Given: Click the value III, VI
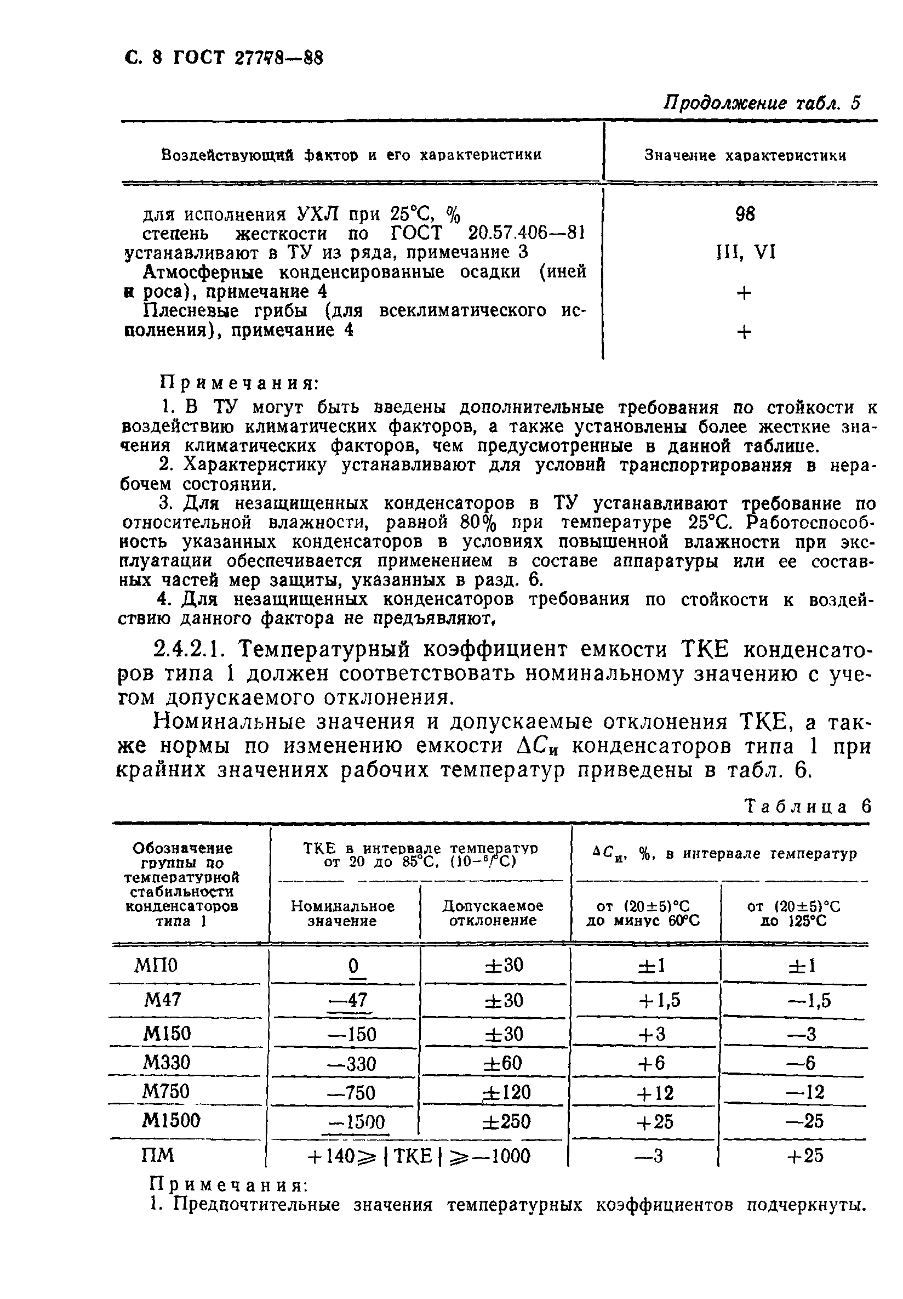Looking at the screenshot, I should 745,252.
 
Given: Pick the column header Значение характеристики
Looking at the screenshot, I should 745,156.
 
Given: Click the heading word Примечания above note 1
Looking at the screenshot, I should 240,383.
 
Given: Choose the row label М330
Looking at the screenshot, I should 165,1063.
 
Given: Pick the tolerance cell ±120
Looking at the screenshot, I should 506,1092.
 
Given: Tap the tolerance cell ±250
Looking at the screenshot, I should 506,1121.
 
